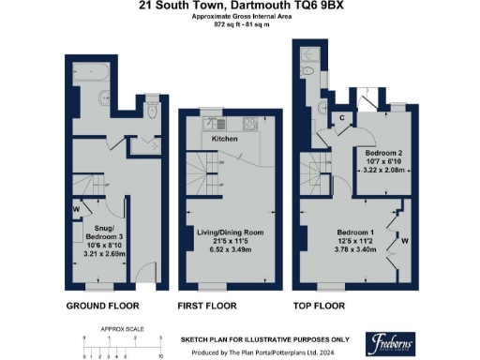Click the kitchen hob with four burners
coord(251,125)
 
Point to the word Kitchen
coord(224,140)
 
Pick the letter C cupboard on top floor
coord(343,117)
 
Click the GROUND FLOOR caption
coord(102,306)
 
